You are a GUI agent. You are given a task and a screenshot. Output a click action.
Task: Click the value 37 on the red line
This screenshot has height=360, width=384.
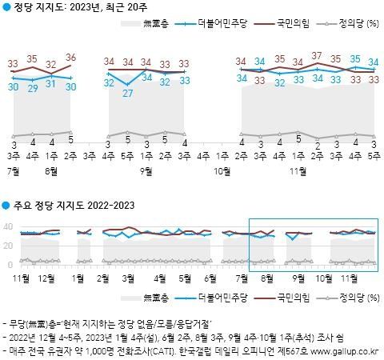tap(317, 56)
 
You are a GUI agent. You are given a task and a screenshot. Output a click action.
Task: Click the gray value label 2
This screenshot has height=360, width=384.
tap(317, 144)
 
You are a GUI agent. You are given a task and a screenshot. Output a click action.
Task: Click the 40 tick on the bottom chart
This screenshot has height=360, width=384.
tap(8, 225)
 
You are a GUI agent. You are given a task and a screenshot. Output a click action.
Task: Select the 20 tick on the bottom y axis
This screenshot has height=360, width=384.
tap(8, 244)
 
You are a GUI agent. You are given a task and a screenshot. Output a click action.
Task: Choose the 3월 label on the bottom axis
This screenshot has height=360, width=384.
tap(128, 278)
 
